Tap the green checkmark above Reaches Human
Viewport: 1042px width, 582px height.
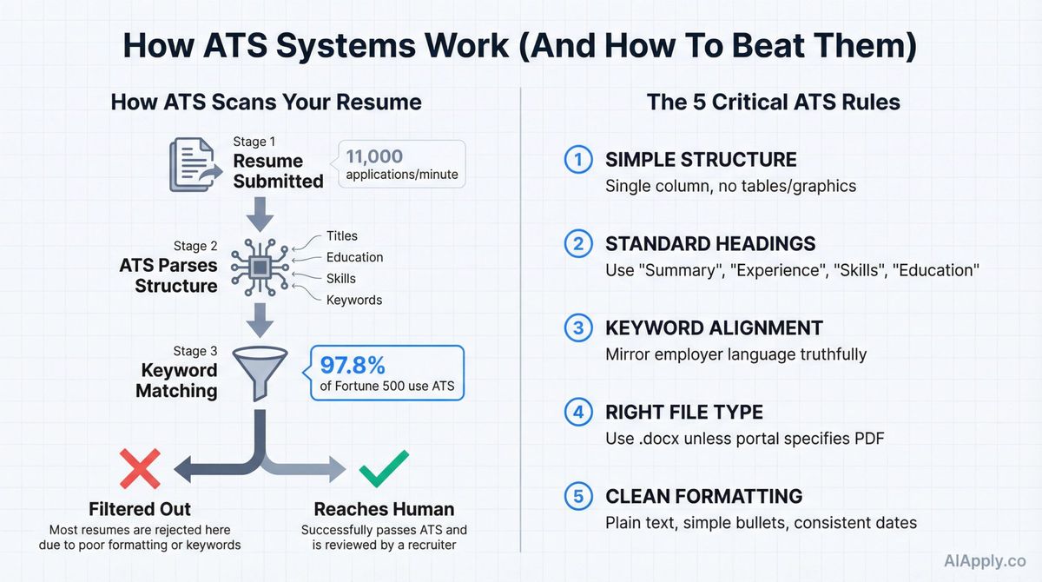(384, 470)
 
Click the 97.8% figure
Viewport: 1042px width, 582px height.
(354, 365)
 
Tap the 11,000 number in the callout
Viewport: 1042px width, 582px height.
(374, 156)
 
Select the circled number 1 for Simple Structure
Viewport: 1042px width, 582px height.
(577, 160)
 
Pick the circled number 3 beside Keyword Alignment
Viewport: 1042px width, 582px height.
(577, 328)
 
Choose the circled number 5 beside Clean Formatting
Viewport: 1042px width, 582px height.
(577, 497)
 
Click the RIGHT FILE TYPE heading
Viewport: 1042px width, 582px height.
(684, 413)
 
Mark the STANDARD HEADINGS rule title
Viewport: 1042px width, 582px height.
(710, 244)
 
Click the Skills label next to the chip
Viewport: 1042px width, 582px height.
(341, 279)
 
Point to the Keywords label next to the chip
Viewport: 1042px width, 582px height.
(354, 300)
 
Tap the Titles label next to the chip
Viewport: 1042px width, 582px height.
(342, 236)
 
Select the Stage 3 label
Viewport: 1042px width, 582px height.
(195, 351)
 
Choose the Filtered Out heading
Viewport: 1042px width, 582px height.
(140, 509)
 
